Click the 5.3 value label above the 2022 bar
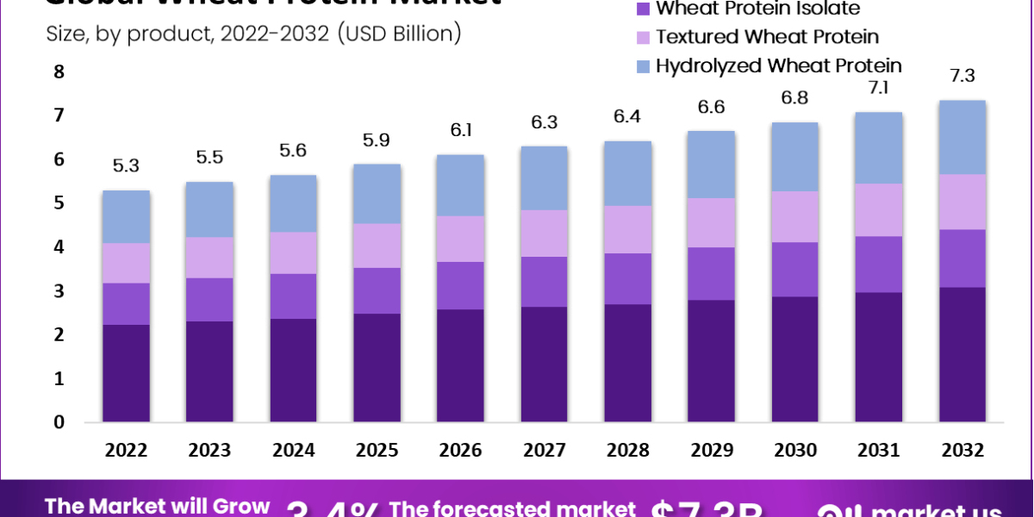126,165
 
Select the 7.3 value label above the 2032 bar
962,76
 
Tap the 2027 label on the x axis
545,450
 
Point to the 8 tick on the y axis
59,72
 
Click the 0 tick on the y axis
59,422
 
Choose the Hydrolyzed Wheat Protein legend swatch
643,65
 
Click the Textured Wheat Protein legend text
767,37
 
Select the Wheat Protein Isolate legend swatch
643,9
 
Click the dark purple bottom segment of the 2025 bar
377,368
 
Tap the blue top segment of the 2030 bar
795,157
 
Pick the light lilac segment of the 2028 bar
628,229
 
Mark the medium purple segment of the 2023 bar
209,299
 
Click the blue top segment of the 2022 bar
126,216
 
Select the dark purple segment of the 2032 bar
962,354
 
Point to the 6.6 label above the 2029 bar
712,107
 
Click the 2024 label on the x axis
293,450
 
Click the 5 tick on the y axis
59,203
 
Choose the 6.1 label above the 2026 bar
460,130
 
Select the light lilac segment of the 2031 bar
879,209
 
